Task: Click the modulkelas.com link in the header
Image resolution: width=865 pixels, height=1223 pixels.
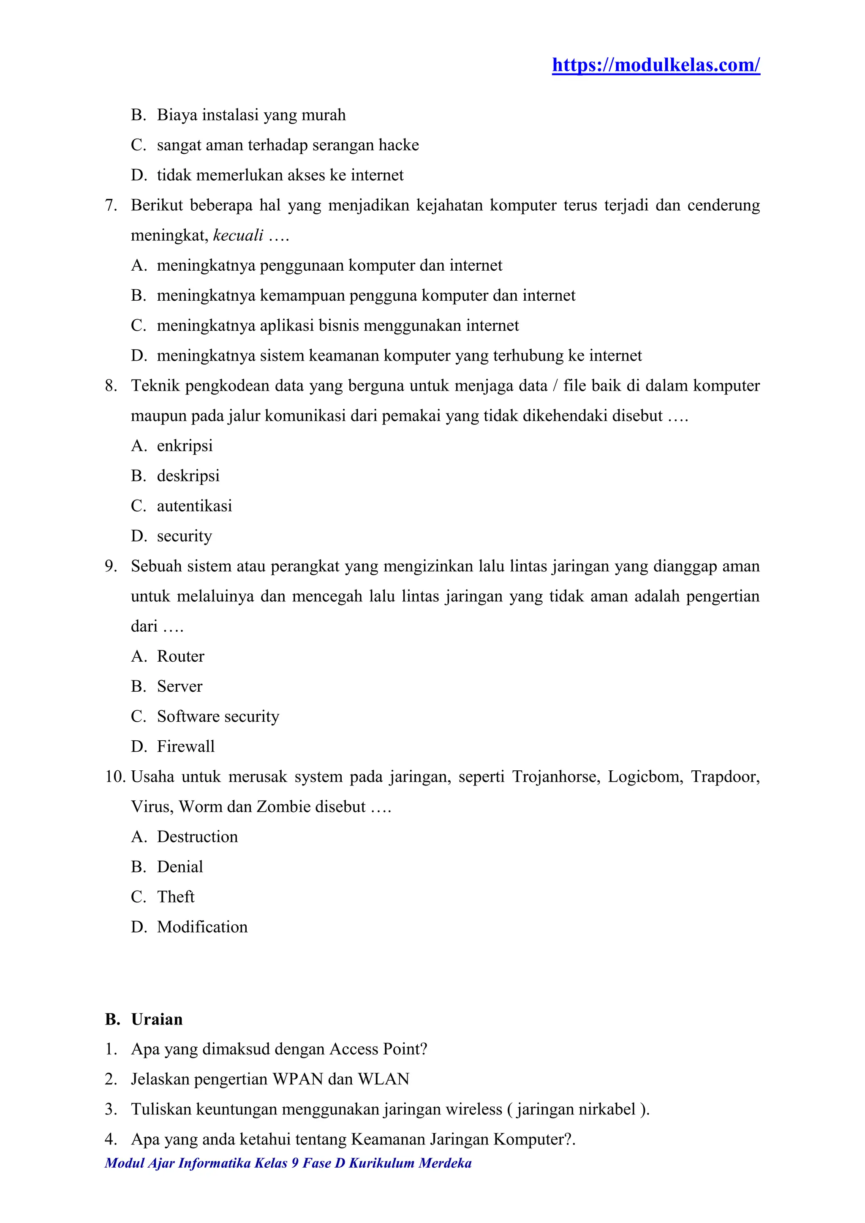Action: [656, 65]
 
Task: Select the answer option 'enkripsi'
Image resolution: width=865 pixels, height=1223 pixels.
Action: [184, 446]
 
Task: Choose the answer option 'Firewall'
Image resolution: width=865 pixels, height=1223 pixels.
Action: [185, 746]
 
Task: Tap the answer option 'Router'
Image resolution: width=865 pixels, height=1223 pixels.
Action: [180, 656]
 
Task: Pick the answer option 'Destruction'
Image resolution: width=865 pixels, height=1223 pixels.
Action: [197, 837]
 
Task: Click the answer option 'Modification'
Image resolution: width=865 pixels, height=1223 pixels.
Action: [202, 927]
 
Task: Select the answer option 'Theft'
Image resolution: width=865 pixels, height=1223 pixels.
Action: [175, 897]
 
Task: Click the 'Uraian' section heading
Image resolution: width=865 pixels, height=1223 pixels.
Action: [157, 1019]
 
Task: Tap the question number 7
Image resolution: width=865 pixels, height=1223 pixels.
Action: [111, 206]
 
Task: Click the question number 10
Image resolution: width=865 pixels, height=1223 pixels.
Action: [115, 777]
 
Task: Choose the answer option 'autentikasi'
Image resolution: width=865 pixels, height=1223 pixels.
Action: [194, 506]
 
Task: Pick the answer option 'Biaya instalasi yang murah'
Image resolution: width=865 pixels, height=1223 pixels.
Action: [251, 115]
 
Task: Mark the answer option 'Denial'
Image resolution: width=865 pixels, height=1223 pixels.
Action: [180, 867]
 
